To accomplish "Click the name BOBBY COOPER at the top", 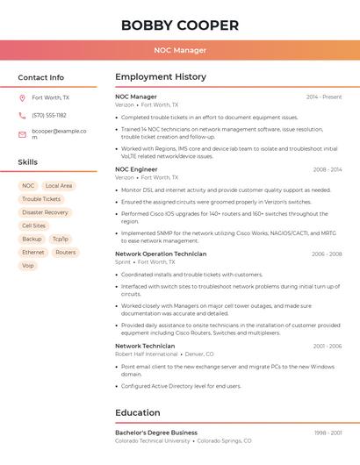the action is coord(180,25).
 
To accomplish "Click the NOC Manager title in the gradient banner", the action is coord(180,50).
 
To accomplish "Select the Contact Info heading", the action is coord(41,77).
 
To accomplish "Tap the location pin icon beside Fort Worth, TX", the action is coord(22,98).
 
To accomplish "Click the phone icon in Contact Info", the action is coord(22,116).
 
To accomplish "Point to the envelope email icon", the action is coord(22,134).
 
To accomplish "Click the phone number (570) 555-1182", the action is coord(49,116).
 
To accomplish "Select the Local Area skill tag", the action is coord(59,186).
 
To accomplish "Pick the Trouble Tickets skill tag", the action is coord(41,199).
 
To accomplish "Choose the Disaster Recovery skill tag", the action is coord(45,212).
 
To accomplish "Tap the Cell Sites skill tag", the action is coord(33,225).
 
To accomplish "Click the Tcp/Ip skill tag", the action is coord(60,239).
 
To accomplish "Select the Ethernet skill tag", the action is coord(33,252).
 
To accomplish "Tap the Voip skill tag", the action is coord(28,265).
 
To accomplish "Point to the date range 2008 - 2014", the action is coord(327,169).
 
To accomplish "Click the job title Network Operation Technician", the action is coord(161,254).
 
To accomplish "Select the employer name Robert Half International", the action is coord(146,354).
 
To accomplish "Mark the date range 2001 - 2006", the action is coord(327,346).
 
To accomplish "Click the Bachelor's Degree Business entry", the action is coord(156,433).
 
